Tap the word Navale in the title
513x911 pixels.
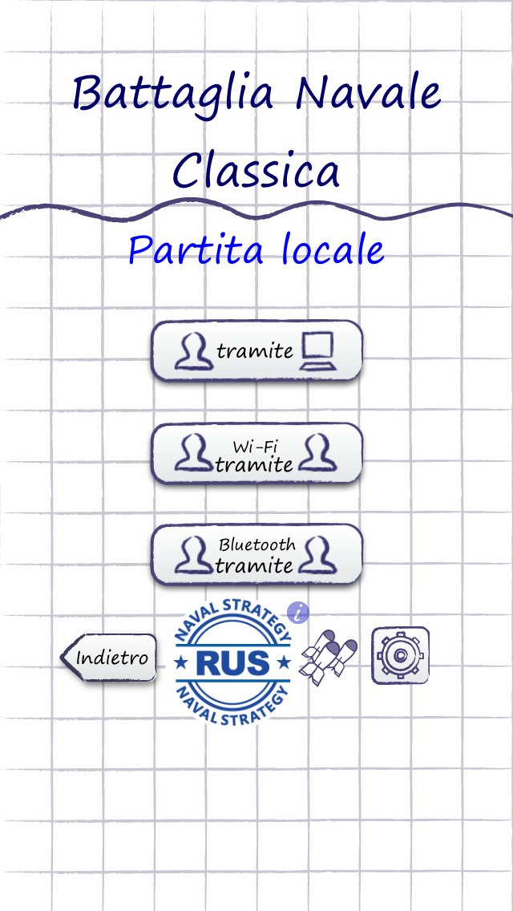click(x=369, y=93)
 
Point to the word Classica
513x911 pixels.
click(x=256, y=170)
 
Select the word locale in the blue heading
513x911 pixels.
click(x=333, y=250)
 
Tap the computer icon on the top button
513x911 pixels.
click(x=317, y=350)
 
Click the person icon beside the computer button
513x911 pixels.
click(x=193, y=350)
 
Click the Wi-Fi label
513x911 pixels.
click(x=256, y=446)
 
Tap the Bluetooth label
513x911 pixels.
click(x=257, y=545)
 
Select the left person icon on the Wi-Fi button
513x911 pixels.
click(x=193, y=453)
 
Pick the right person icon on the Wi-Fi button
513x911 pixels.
click(x=317, y=453)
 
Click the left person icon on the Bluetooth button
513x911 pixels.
click(x=193, y=554)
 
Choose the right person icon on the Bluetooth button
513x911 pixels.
click(x=317, y=554)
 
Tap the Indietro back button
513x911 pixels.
click(x=109, y=658)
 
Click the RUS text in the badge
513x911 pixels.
click(x=232, y=663)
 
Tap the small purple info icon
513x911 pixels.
click(x=298, y=613)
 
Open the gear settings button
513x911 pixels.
click(x=399, y=655)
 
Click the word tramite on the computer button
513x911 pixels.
click(x=255, y=350)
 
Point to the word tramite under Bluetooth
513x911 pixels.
click(x=255, y=565)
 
